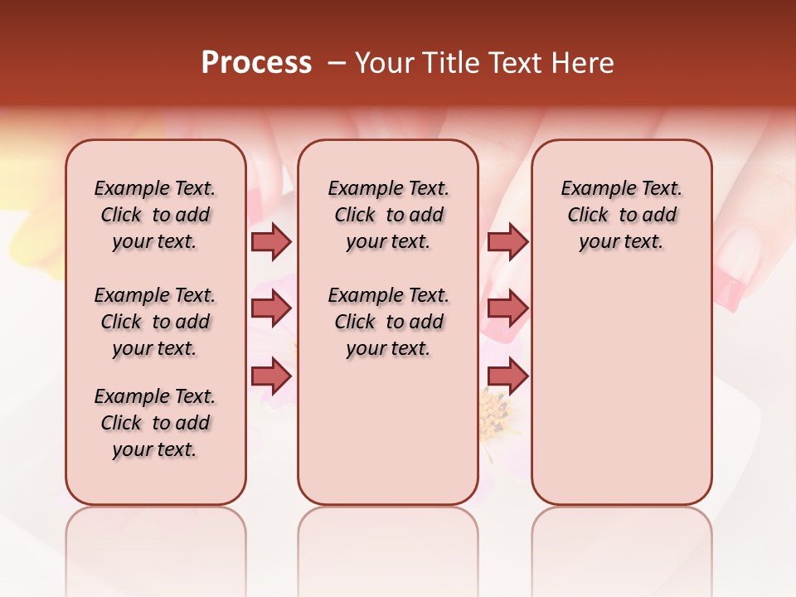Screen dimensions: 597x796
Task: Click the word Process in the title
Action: click(x=256, y=63)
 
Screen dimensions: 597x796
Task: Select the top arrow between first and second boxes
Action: click(x=271, y=241)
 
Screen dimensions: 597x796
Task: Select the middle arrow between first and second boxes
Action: click(x=271, y=309)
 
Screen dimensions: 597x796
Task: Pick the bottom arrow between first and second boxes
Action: click(x=271, y=376)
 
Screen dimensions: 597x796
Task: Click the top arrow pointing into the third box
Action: click(x=507, y=241)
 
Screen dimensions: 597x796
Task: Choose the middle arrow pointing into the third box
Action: click(x=507, y=309)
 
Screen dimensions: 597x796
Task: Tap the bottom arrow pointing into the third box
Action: click(x=507, y=376)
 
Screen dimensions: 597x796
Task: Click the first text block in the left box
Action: click(x=155, y=215)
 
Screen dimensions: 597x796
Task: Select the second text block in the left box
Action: click(x=155, y=322)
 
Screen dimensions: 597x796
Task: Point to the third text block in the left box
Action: click(x=155, y=423)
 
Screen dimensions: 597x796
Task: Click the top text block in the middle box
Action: click(x=388, y=215)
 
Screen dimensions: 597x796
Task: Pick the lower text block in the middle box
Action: click(x=388, y=322)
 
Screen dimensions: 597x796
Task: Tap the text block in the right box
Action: click(x=621, y=215)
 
